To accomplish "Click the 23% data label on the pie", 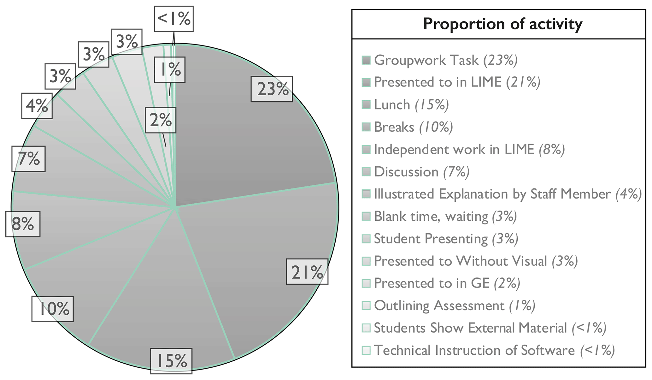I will [272, 89].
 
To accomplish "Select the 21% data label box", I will [307, 272].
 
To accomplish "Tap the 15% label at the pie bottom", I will [171, 361].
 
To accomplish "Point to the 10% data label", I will [53, 309].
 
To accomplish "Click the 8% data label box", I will [23, 224].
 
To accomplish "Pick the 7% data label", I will [29, 159].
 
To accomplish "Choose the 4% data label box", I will [37, 106].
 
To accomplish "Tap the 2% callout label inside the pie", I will [161, 120].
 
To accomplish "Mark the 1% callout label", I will [170, 70].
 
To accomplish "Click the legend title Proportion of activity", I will [502, 24].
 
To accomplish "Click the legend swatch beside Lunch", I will [366, 105].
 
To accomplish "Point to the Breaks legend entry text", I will [413, 127].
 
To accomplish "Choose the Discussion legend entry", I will [421, 172].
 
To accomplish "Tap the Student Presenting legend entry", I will [446, 239].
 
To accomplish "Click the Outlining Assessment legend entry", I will [454, 306].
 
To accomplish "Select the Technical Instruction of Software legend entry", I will [494, 350].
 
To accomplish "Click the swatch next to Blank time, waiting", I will [366, 217].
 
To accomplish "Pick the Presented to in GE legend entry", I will [447, 283].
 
